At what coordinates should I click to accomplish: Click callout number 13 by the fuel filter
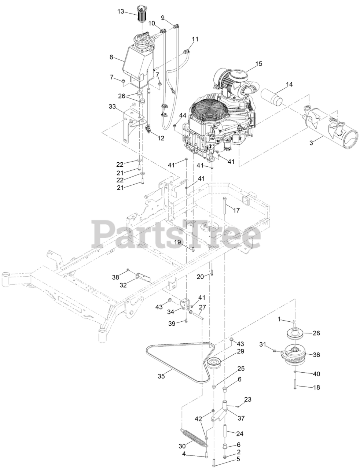[x=121, y=12]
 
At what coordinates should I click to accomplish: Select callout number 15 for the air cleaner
[x=259, y=64]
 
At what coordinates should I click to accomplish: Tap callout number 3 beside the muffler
[x=311, y=143]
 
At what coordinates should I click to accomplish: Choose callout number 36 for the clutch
[x=316, y=355]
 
